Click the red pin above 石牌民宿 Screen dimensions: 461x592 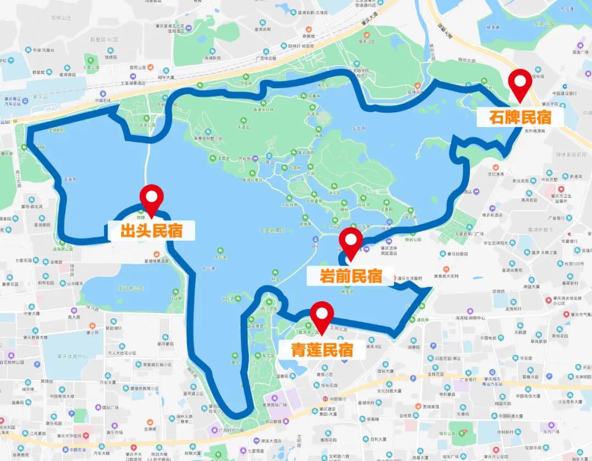tap(520, 83)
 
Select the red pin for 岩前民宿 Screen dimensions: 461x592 tap(351, 241)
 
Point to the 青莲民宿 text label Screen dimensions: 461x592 tap(322, 350)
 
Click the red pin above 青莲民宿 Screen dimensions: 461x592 tap(322, 315)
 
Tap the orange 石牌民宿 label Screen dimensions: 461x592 tap(513, 117)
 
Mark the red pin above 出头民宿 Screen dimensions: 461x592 tap(152, 198)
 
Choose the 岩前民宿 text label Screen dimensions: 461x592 tap(351, 276)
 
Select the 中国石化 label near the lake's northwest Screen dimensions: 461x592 tap(103, 100)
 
